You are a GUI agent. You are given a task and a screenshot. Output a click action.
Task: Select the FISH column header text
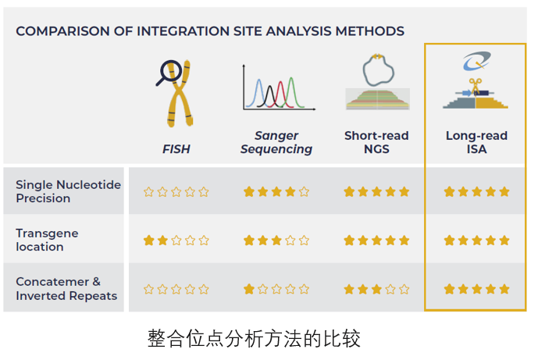coord(176,149)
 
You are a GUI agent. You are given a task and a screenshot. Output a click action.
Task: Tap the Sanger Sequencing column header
coord(276,142)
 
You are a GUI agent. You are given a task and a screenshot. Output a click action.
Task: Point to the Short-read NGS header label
coord(376,142)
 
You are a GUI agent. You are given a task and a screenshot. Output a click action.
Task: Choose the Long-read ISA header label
coord(476,142)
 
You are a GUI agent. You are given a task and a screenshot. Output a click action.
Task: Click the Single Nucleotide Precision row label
coord(68,191)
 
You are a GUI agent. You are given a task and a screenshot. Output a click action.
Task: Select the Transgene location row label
coord(47,240)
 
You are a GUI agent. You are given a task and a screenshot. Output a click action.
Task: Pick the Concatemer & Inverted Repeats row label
coord(66,288)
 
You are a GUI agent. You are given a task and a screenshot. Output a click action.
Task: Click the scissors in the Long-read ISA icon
coord(476,85)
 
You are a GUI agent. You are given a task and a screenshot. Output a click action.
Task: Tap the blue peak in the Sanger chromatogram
coord(258,92)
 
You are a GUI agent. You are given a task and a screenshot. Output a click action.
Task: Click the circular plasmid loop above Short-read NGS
coord(378,70)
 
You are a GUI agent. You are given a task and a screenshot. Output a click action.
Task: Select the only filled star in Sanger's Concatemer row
coord(249,289)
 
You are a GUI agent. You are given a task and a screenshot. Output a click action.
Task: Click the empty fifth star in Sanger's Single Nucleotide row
coord(304,191)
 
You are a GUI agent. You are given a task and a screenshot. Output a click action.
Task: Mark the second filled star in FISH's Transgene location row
coord(162,240)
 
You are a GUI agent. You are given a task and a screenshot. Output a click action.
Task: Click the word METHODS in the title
coord(370,31)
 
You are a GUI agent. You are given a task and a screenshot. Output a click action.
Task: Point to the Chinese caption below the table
coord(254,338)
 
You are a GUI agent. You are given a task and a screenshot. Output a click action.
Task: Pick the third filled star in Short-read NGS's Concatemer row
coord(376,289)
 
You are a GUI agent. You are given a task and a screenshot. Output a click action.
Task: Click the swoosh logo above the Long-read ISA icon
coord(476,60)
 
